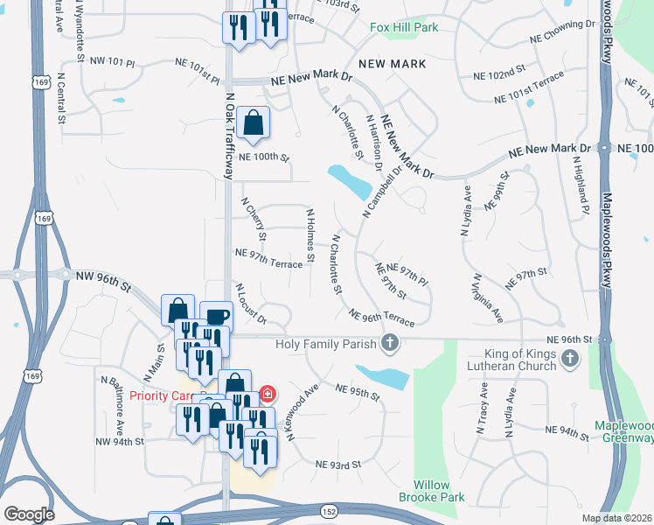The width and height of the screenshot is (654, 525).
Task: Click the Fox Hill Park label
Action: pos(403,27)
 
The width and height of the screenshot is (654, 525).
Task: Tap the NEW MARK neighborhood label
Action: pos(392,64)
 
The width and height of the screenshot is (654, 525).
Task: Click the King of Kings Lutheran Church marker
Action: pos(570,357)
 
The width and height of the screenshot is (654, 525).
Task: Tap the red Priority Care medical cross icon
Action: pos(267,395)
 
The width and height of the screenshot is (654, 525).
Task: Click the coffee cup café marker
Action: pos(216,317)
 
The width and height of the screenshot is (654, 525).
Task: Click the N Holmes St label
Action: pos(310,235)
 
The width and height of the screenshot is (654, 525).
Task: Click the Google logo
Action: pos(29,514)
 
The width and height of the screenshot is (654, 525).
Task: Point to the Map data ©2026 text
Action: pos(617,518)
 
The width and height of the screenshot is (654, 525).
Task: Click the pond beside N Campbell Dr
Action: pos(350,181)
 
